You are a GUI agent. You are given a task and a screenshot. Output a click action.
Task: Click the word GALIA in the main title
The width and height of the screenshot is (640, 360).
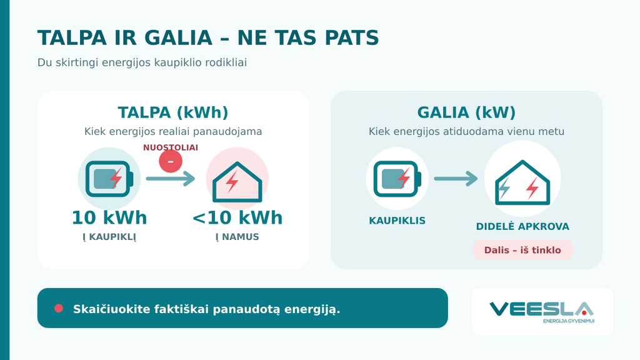click(178, 38)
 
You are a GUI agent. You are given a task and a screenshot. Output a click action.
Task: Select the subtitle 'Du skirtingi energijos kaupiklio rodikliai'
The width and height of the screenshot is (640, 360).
click(142, 62)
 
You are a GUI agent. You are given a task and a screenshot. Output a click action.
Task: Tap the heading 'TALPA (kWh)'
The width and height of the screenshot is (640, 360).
click(173, 112)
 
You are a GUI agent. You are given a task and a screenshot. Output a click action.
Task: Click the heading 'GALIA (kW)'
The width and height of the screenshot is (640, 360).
click(466, 112)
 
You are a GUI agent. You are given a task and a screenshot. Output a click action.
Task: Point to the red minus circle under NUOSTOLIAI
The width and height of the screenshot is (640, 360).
click(171, 161)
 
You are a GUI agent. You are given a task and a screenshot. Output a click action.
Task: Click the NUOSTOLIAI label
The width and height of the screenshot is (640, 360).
click(171, 147)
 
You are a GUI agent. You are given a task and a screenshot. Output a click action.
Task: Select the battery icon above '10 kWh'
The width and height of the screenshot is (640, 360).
click(109, 179)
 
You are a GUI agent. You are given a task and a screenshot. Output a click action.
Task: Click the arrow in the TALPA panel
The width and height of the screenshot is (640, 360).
click(171, 178)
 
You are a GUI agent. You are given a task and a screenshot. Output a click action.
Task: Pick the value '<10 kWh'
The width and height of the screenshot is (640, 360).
click(237, 218)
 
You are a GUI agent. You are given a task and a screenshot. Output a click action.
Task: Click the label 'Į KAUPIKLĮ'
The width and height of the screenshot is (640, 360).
click(109, 237)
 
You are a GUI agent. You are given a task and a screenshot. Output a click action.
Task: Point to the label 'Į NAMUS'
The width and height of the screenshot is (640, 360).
click(237, 237)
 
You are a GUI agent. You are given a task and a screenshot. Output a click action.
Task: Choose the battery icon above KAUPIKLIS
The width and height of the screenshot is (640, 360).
click(397, 179)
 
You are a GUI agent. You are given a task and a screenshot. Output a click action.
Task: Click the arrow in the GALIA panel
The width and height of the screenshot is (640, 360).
click(456, 178)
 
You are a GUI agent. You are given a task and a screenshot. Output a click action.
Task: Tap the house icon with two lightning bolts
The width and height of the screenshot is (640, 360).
click(522, 182)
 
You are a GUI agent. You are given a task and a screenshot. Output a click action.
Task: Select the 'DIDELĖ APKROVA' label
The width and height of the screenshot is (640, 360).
click(522, 226)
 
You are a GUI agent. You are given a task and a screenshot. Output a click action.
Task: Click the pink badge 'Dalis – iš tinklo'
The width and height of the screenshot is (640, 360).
click(522, 250)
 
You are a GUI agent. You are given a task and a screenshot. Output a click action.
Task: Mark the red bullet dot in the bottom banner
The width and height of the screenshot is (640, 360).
click(59, 308)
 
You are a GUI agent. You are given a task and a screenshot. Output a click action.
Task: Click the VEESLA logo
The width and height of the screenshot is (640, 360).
click(542, 312)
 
